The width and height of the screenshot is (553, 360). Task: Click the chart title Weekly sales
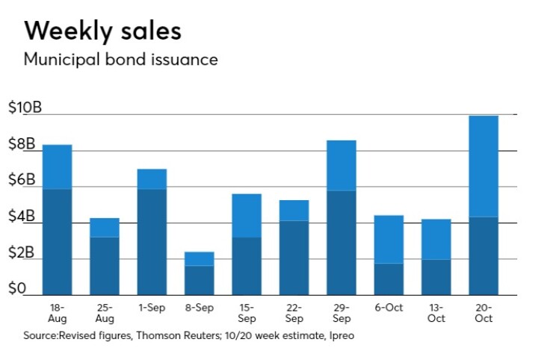(102, 31)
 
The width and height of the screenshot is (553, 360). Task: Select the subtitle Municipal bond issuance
(120, 60)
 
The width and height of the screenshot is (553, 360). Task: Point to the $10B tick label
(25, 108)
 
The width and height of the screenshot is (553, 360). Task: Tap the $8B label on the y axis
(21, 144)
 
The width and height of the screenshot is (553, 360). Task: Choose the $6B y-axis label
(21, 180)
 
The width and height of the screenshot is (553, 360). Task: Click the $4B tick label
(21, 217)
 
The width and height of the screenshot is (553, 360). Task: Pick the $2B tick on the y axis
(21, 252)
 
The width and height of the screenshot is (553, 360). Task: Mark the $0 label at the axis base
(16, 288)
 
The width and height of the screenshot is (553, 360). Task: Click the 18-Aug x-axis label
(57, 312)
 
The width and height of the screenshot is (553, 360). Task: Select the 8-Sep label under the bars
(200, 307)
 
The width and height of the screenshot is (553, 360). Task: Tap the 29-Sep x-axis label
(341, 312)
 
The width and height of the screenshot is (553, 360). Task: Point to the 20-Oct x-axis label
(483, 312)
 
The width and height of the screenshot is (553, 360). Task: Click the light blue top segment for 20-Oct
(484, 166)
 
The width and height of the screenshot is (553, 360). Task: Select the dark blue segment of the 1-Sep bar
(152, 241)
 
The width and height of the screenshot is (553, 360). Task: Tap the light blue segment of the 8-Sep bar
(200, 258)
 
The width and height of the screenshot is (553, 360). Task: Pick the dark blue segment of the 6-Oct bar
(389, 279)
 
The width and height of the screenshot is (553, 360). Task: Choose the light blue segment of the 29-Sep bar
(342, 165)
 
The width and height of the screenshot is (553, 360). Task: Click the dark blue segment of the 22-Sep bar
(294, 257)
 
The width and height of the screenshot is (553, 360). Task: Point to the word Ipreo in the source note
(341, 336)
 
